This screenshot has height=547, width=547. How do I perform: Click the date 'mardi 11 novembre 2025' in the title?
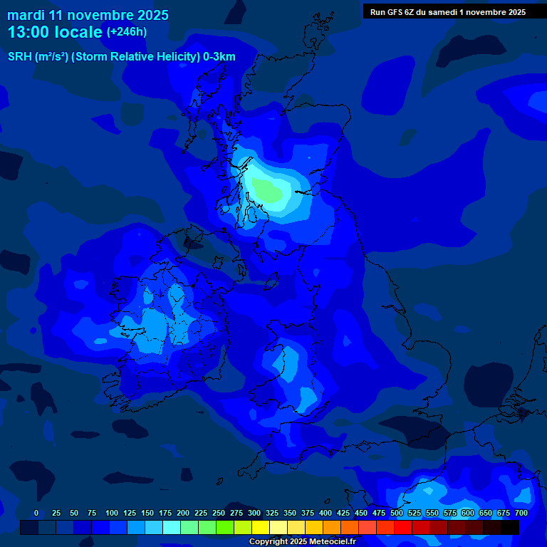[x=88, y=15]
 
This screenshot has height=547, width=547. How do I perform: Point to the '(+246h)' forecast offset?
[x=127, y=32]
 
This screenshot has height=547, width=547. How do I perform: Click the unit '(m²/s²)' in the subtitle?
[x=51, y=57]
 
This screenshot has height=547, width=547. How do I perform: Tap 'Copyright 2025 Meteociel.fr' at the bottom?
[x=302, y=541]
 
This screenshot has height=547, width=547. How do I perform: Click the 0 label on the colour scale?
[x=36, y=513]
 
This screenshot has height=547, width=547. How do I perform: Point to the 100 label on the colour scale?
[x=112, y=513]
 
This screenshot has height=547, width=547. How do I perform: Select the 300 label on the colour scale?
[x=254, y=513]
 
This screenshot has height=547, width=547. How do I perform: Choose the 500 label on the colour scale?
[x=397, y=513]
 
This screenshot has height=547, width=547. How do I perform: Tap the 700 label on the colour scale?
[x=521, y=513]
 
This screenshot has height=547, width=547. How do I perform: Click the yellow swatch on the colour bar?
[x=261, y=528]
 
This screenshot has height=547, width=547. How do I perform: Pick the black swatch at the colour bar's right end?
[x=510, y=528]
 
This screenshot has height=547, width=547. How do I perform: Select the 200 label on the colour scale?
[x=183, y=513]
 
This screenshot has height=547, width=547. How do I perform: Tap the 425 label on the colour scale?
[x=343, y=513]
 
